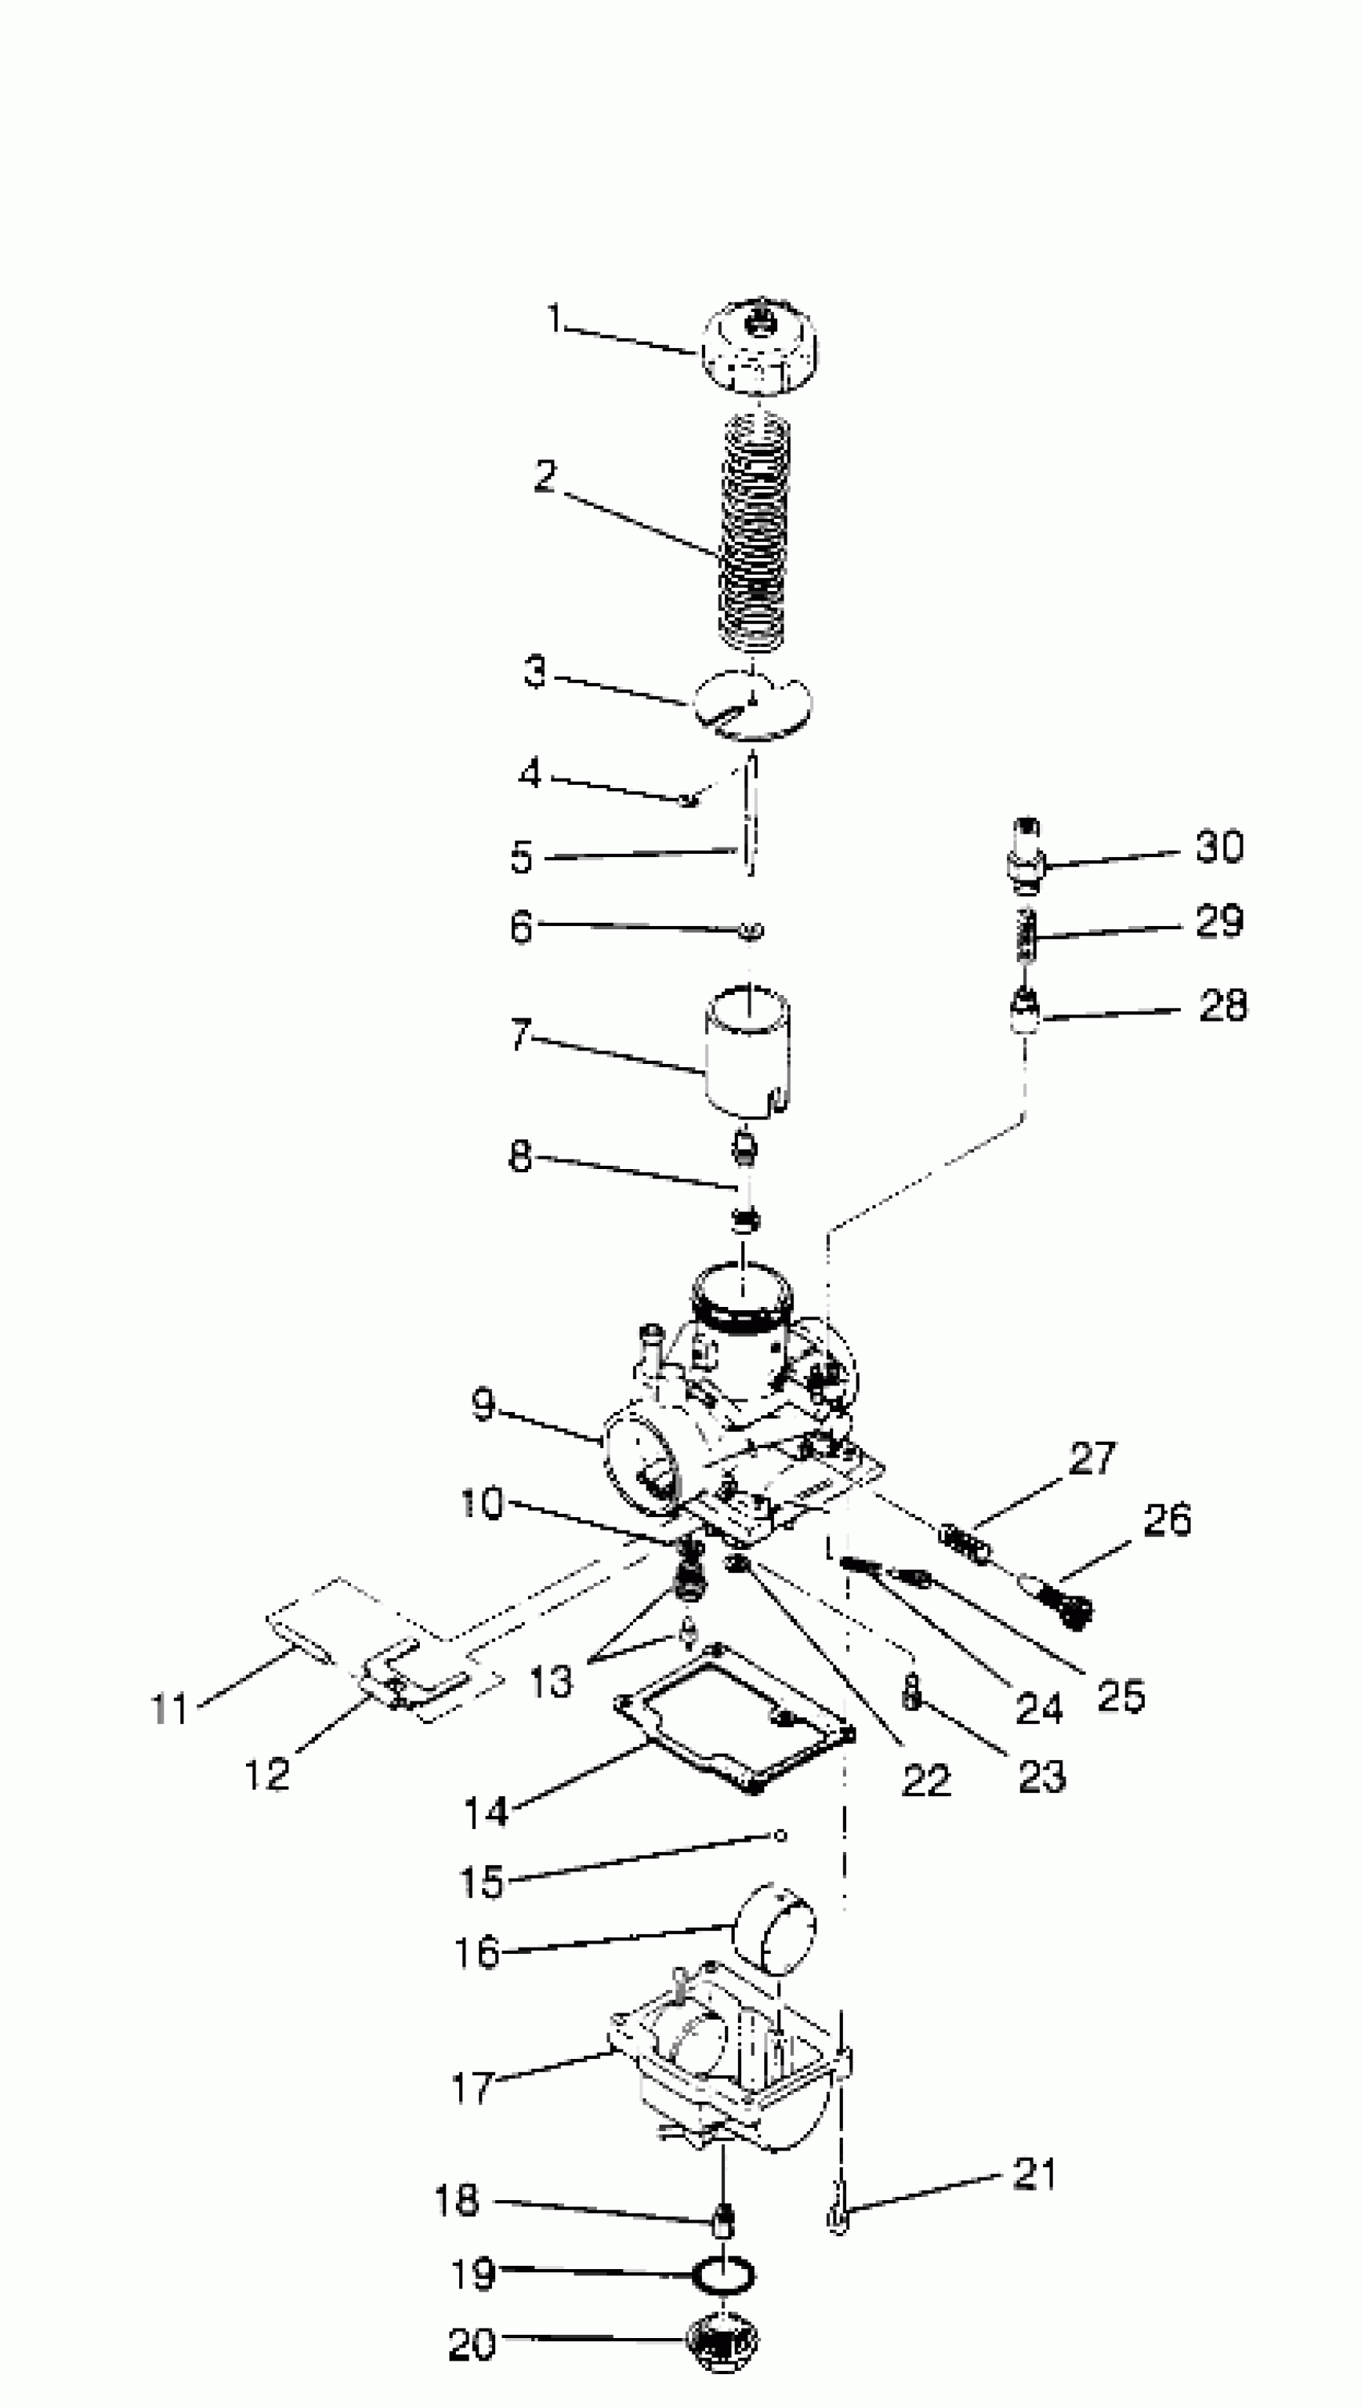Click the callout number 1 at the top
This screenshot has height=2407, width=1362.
coord(554,319)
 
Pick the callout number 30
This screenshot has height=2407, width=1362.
coord(1219,847)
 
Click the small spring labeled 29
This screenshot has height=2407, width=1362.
coord(1027,934)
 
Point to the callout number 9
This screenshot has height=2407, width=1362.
coord(482,1405)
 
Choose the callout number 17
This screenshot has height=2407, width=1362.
coord(473,2087)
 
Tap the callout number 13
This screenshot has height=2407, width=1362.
coord(551,1681)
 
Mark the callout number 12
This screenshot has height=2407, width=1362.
coord(268,1774)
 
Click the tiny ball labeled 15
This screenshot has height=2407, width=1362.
coord(781,1836)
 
